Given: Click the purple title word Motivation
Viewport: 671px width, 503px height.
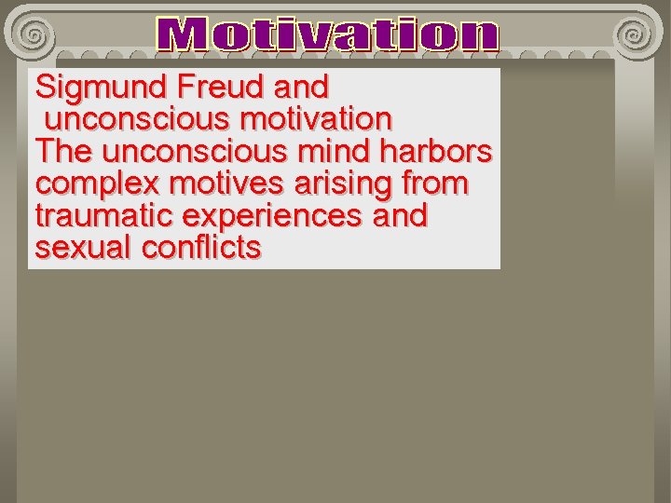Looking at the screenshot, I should point(327,35).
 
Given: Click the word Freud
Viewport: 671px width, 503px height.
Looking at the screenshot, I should point(219,88).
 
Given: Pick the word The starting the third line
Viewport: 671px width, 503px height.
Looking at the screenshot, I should point(62,151).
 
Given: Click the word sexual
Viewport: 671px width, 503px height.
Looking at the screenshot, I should point(84,248).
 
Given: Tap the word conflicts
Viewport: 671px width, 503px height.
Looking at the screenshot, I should point(201,248).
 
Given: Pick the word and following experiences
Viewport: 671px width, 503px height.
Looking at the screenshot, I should point(400,215).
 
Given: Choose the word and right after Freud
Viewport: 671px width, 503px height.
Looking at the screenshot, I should point(301,88).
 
